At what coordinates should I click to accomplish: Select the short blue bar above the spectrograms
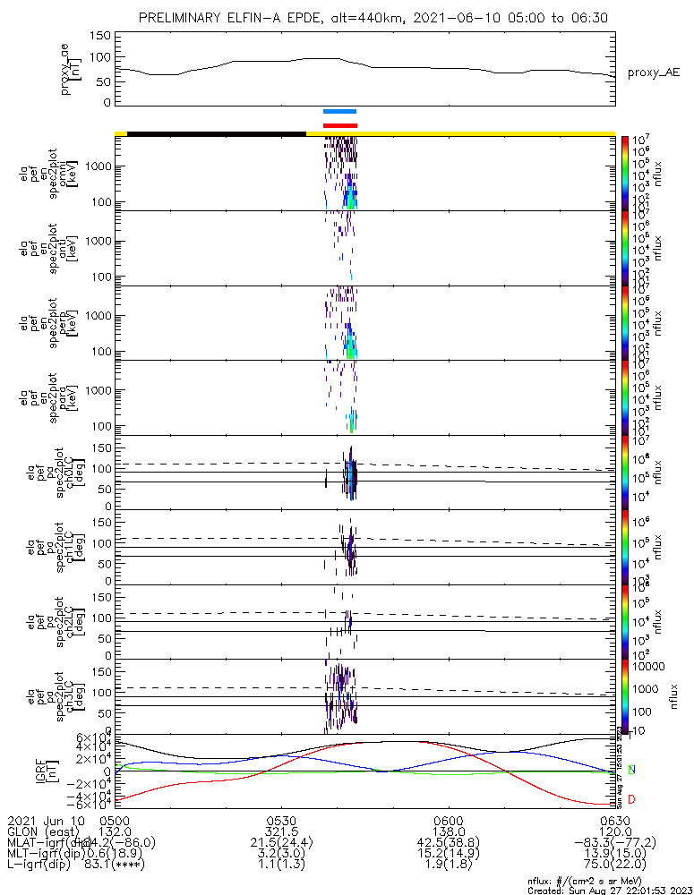tap(340, 112)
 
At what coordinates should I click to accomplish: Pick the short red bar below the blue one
tap(340, 125)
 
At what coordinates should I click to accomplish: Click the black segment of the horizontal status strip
tap(217, 133)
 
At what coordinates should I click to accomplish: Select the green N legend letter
tap(632, 770)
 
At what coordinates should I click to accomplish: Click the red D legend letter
tap(632, 798)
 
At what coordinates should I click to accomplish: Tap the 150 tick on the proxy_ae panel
tap(100, 35)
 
